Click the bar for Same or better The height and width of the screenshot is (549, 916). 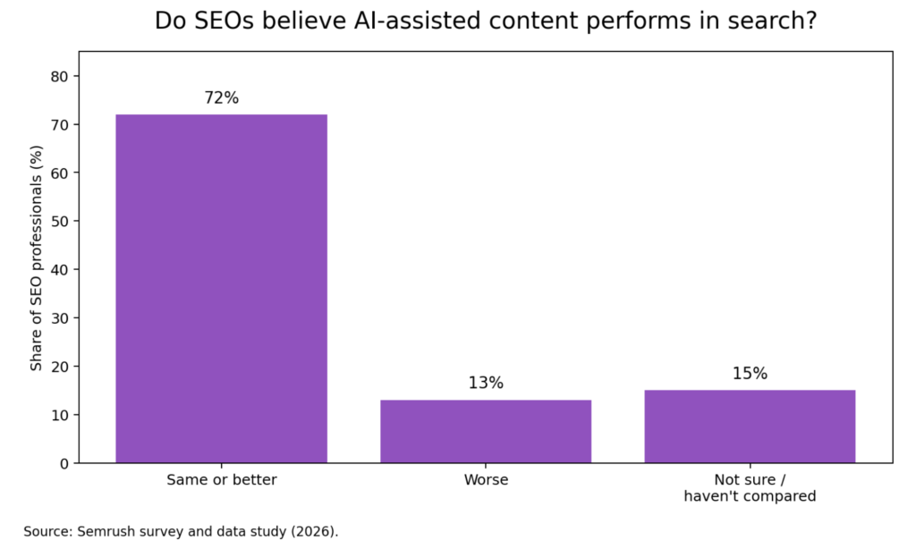(221, 288)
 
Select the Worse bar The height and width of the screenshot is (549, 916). (486, 431)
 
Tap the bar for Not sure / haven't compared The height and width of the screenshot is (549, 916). (750, 427)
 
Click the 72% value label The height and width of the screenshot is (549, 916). (221, 98)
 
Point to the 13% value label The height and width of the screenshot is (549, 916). (486, 384)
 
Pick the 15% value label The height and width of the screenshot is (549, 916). (750, 374)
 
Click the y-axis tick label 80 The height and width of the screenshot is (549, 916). (59, 76)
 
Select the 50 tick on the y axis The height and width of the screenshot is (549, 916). (59, 221)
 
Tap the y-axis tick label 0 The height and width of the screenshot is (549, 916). (64, 463)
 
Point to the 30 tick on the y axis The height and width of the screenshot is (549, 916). (59, 318)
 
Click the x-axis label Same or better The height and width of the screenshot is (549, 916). (221, 480)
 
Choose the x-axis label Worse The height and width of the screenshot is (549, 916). (486, 480)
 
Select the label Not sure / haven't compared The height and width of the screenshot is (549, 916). (750, 487)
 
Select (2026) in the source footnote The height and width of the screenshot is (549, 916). (315, 531)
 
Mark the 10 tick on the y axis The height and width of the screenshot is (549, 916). (59, 415)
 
